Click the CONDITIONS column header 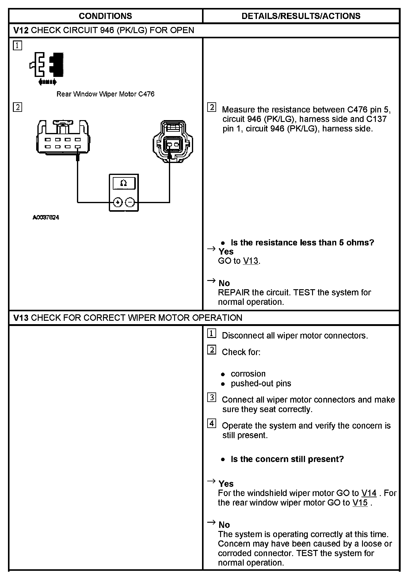tap(105, 16)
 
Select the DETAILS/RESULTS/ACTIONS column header tap(301, 16)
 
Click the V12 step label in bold tap(21, 30)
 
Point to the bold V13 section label tap(21, 318)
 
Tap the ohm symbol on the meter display tap(124, 183)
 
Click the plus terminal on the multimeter tap(118, 202)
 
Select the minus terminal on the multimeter tap(130, 202)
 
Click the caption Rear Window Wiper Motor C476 tap(105, 94)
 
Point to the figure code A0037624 tap(46, 218)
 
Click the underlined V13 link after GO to tap(250, 261)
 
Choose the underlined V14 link tap(369, 493)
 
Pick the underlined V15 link tap(360, 502)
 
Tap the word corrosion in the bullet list tap(248, 374)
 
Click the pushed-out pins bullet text tap(261, 383)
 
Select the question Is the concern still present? tap(287, 459)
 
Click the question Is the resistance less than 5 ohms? tap(302, 243)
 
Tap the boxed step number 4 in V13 tap(212, 423)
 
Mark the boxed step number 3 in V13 tap(212, 397)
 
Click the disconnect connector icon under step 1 tap(48, 67)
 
